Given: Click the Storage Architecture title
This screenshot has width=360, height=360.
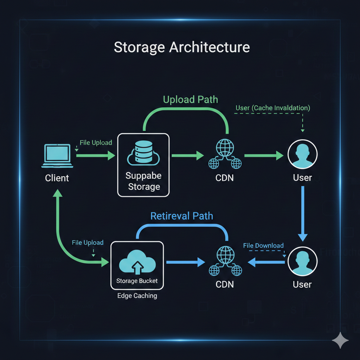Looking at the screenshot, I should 181,47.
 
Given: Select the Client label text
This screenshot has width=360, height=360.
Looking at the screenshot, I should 57,178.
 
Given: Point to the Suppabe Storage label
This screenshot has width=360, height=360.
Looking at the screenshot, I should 143,181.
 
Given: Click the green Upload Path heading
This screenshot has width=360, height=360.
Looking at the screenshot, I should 190,99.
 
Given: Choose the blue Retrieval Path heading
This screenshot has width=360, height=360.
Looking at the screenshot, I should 181,216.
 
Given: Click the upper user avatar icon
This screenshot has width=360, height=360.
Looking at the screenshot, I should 302,155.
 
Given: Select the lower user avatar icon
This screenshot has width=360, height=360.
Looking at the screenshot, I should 302,262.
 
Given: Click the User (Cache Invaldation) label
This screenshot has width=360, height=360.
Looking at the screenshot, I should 272,108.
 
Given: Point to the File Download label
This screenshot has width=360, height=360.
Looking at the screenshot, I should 263,245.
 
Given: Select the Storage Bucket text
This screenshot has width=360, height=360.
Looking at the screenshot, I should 137,281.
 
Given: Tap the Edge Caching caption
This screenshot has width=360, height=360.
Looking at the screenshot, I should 137,296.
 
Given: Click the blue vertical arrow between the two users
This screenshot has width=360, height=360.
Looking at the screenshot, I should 302,214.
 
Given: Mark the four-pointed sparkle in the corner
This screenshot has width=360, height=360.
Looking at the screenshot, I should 340,340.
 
